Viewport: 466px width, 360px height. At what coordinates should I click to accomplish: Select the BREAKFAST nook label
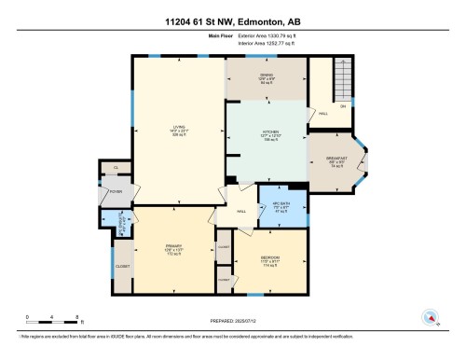pos(336,159)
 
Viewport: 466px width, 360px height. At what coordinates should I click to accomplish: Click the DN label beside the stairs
pos(342,107)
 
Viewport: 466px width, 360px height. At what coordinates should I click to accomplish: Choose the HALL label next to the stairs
pos(322,114)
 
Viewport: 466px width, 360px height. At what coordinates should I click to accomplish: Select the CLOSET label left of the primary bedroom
pos(123,266)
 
